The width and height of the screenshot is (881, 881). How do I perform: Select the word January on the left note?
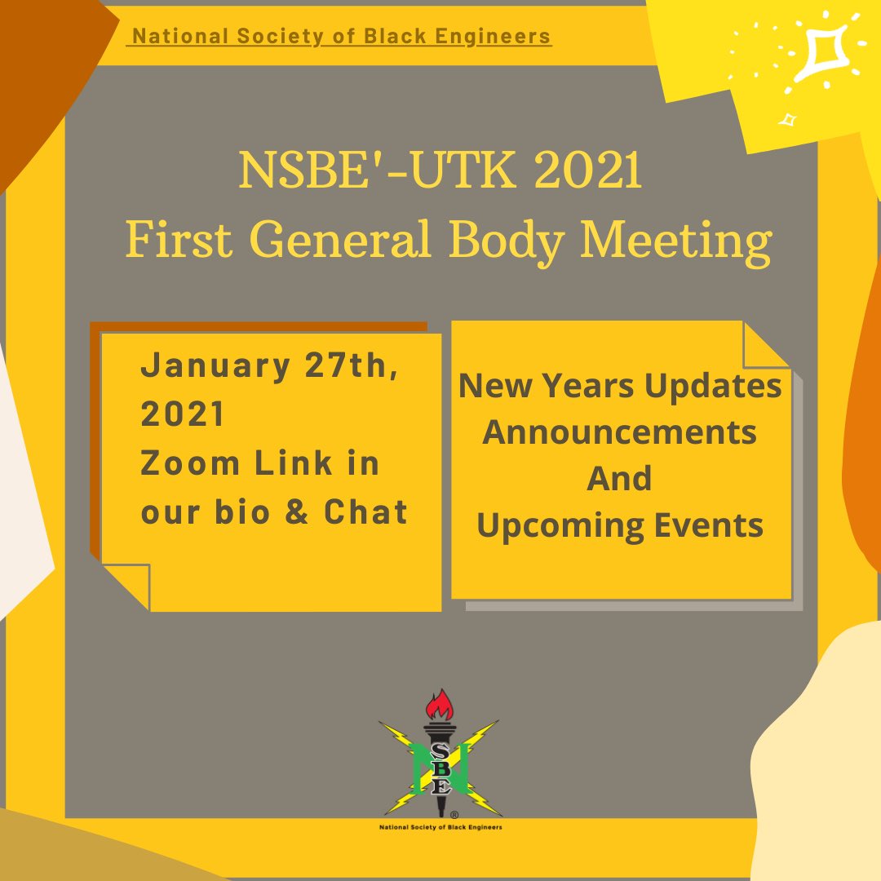(x=215, y=367)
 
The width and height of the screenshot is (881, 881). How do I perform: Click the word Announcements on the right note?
(x=620, y=432)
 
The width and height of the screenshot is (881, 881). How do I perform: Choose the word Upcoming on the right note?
(x=545, y=526)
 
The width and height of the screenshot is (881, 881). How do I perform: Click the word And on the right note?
(x=620, y=478)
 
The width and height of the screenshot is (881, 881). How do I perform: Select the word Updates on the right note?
(x=713, y=385)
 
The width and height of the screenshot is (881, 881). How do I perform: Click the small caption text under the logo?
(x=440, y=826)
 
